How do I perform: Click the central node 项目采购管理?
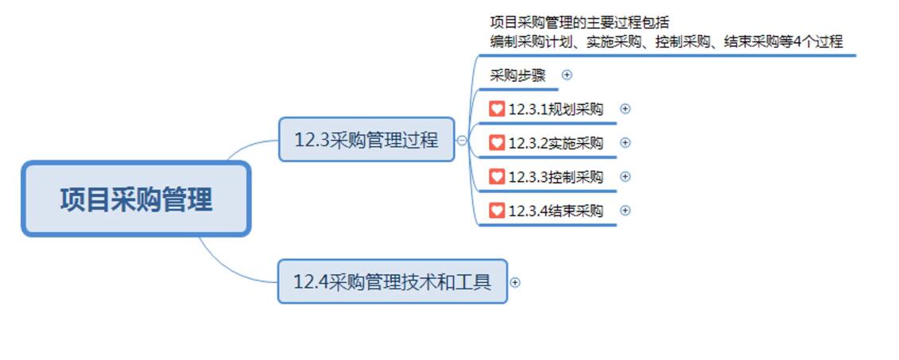coord(136,199)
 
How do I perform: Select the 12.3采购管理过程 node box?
coord(366,140)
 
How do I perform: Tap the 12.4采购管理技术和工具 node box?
coord(392,281)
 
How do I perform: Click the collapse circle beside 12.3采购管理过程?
coord(462,141)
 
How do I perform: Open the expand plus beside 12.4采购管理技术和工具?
coord(515,282)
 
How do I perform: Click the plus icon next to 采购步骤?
coord(567,75)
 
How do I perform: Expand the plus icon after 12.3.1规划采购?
coord(625,109)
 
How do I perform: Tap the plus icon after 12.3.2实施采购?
coord(625,143)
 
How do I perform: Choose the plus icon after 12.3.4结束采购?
coord(625,211)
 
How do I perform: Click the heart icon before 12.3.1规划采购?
coord(497,109)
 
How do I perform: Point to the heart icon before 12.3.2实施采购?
coord(497,143)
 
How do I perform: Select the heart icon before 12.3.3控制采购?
coord(497,176)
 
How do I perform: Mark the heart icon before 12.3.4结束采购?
coord(497,211)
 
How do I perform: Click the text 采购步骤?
coord(517,75)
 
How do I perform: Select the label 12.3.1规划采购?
coord(556,110)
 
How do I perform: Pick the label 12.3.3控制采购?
coord(556,177)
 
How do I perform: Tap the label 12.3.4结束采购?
coord(556,211)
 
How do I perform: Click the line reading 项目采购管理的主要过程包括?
coord(579,22)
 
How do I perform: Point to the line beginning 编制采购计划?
coord(666,41)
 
